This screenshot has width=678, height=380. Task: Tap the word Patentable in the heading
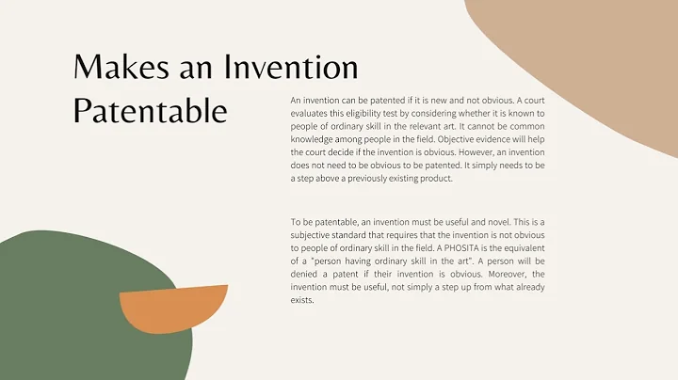[x=151, y=111]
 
